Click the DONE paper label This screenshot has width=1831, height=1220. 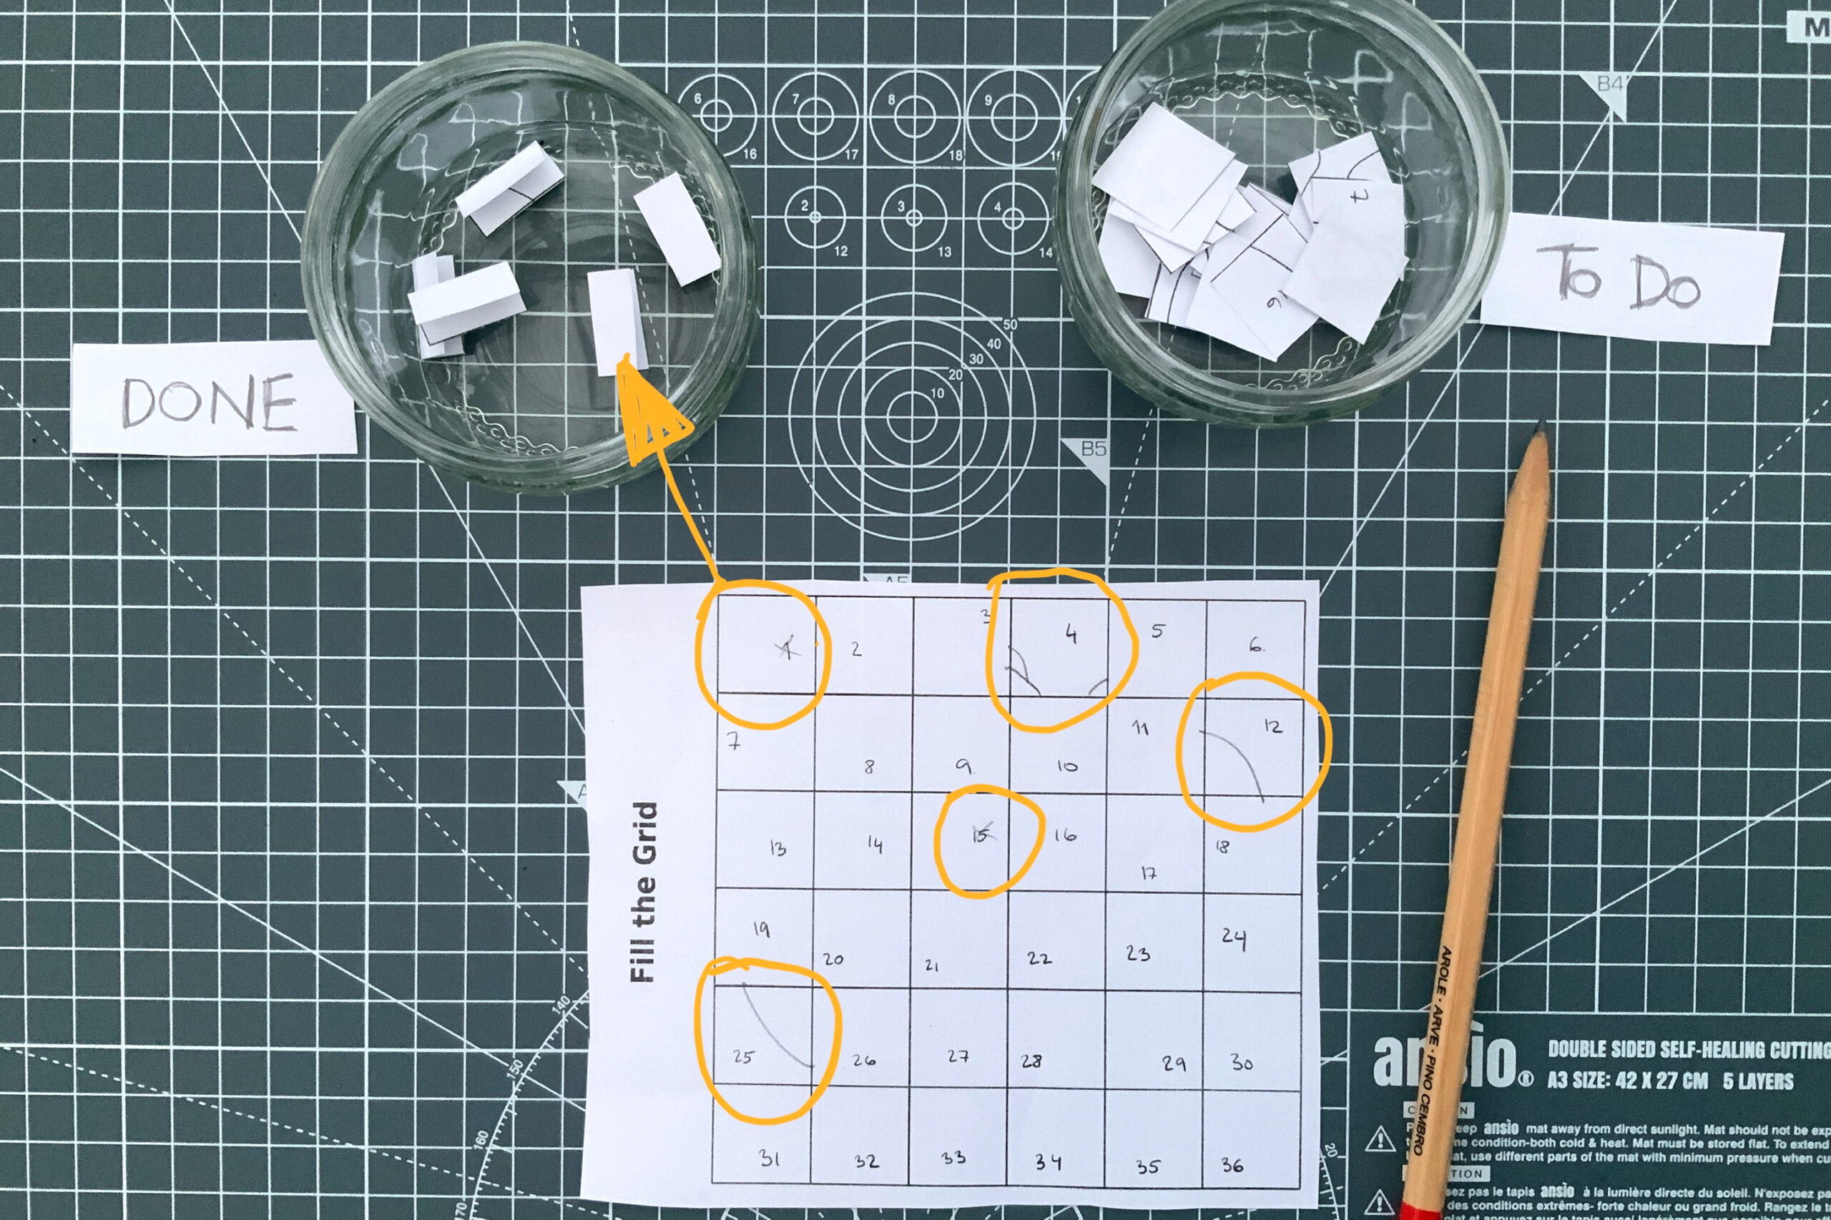(x=210, y=400)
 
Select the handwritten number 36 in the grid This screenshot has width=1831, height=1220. (x=1232, y=1165)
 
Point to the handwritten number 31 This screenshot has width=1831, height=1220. (x=769, y=1158)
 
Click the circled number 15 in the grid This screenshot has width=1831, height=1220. (x=981, y=835)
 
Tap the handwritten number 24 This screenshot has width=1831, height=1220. (x=1233, y=938)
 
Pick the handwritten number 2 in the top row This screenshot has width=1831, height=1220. (x=856, y=648)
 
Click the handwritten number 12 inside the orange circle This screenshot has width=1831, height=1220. (x=1272, y=726)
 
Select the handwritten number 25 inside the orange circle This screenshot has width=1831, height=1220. (x=743, y=1057)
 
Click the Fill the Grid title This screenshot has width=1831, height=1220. (x=644, y=892)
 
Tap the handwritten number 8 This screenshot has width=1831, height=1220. (x=869, y=767)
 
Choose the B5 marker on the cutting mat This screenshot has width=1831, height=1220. (x=1093, y=449)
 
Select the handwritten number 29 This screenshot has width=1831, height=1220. (x=1174, y=1063)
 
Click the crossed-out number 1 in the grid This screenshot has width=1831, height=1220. (x=787, y=647)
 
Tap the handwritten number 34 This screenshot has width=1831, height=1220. (x=1047, y=1162)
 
